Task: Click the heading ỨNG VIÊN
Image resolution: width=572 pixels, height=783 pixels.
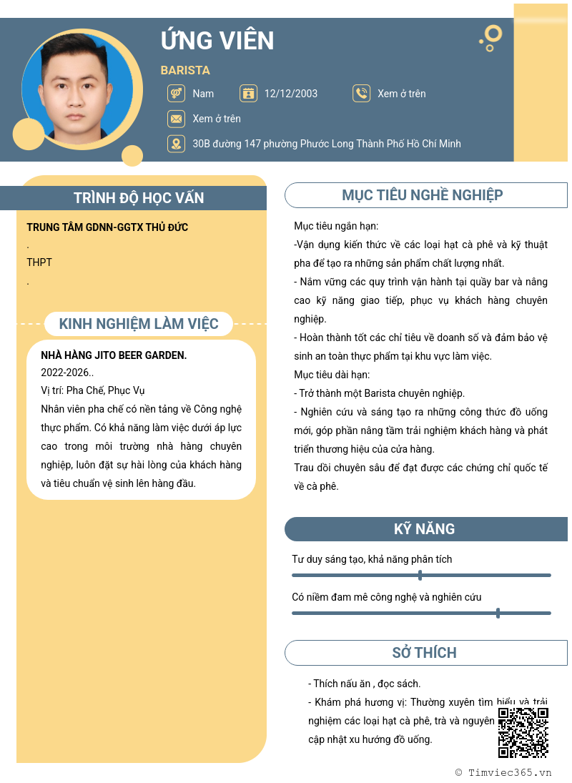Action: click(x=217, y=40)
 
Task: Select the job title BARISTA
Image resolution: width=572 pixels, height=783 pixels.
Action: click(x=185, y=70)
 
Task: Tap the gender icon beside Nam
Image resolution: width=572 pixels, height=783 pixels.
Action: click(x=175, y=94)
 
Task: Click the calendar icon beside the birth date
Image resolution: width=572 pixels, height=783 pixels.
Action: click(x=248, y=94)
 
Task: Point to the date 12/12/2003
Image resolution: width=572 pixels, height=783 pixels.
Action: click(x=291, y=94)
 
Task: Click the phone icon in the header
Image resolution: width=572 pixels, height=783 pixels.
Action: click(x=361, y=94)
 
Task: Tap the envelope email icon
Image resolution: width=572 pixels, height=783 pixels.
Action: click(x=175, y=119)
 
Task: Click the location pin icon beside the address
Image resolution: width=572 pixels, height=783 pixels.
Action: click(x=175, y=144)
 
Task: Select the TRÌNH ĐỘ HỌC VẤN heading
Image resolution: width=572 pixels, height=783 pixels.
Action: click(x=139, y=198)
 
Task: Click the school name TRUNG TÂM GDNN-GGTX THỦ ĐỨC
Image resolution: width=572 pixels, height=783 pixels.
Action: click(x=107, y=227)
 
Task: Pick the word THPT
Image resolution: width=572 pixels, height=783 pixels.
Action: click(x=39, y=262)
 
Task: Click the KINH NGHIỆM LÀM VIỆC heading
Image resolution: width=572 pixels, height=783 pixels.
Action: click(x=139, y=324)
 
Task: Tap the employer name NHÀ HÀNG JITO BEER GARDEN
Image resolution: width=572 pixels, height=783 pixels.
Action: click(x=114, y=355)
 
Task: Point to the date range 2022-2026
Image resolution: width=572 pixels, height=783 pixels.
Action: click(x=66, y=373)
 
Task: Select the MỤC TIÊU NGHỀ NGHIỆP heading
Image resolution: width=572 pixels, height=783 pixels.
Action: click(x=423, y=195)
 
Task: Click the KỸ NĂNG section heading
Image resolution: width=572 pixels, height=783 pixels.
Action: click(x=424, y=529)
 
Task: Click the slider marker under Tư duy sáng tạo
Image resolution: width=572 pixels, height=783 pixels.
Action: click(x=420, y=575)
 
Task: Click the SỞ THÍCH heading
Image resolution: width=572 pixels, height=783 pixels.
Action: click(x=424, y=653)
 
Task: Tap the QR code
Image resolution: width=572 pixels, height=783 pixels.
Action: click(x=523, y=732)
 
